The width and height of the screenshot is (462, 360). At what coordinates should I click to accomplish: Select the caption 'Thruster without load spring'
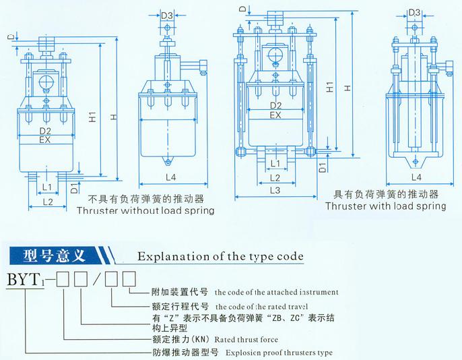click(x=146, y=211)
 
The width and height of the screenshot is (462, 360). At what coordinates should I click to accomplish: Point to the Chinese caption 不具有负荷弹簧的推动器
click(x=145, y=200)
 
